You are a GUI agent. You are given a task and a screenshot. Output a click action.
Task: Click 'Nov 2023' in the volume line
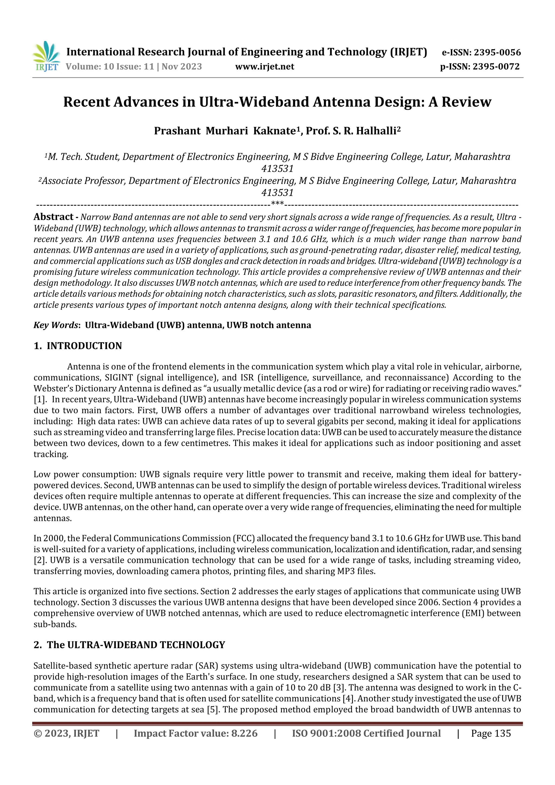[x=182, y=66]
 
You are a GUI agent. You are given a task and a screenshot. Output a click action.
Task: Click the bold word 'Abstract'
[x=53, y=217]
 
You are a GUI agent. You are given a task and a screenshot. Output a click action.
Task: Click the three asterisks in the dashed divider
[x=277, y=204]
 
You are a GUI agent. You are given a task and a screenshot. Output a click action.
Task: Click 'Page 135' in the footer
[x=491, y=733]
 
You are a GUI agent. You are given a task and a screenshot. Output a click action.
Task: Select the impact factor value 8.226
[x=244, y=733]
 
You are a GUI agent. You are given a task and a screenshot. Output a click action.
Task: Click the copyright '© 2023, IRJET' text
[x=66, y=733]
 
